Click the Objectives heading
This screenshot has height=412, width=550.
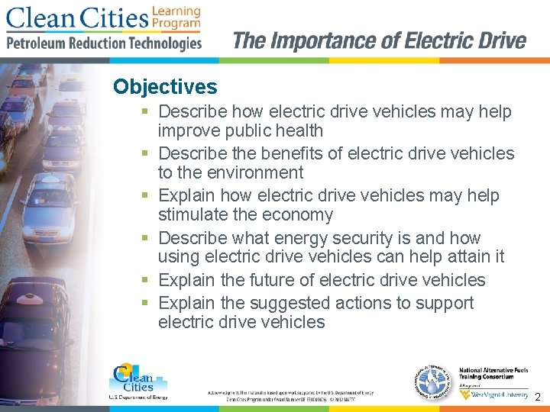[x=165, y=87]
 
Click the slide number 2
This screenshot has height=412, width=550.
[x=538, y=397]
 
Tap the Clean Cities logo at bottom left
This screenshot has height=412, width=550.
[x=137, y=380]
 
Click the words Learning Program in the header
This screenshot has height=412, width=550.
[x=176, y=17]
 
